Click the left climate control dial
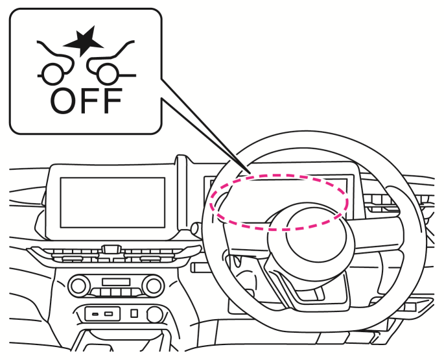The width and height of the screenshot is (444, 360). [x=80, y=284]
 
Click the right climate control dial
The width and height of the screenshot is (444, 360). [x=153, y=284]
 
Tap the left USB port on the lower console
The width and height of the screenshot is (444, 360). [x=95, y=314]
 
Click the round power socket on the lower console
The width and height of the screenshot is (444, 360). [x=154, y=314]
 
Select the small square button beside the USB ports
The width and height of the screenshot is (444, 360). [x=134, y=314]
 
